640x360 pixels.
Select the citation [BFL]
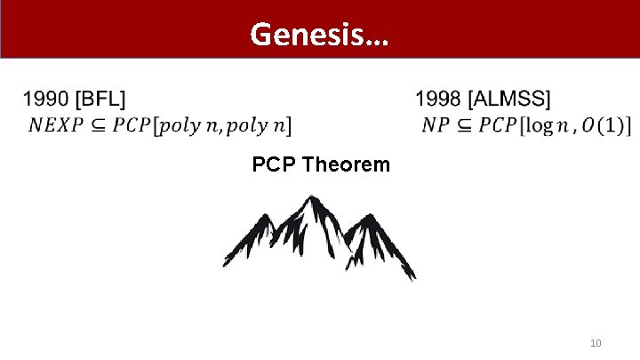pos(101,99)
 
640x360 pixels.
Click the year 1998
pos(437,99)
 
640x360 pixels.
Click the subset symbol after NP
pos(463,125)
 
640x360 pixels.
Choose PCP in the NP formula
pos(497,125)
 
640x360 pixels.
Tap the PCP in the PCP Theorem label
pos(274,165)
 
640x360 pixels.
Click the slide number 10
pos(596,343)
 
